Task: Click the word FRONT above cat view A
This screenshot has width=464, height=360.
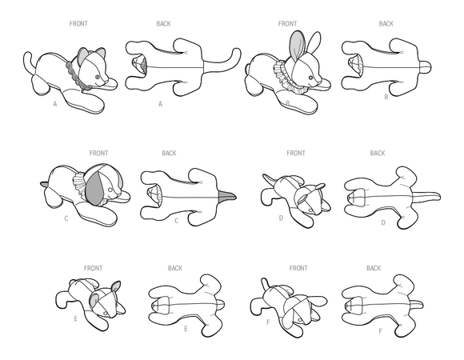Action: [79, 24]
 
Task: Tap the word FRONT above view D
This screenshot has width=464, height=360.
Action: [299, 153]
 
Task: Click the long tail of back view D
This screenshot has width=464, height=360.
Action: [433, 195]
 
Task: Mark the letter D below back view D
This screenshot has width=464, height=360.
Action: [384, 222]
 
